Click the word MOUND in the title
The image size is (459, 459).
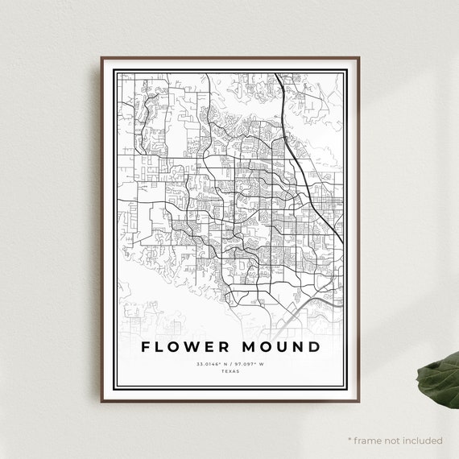pos(279,347)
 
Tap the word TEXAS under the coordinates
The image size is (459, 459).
pos(230,371)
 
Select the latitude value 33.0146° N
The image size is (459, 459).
pos(211,364)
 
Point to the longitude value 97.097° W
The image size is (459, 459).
pos(250,364)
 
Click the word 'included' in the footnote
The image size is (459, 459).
pos(422,440)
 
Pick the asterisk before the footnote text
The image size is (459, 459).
pos(349,440)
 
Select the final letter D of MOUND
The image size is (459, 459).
pos(313,347)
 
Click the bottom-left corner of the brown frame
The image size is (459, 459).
pos(101,400)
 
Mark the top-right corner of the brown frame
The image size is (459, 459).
pos(358,57)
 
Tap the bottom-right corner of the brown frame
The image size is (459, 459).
pos(358,400)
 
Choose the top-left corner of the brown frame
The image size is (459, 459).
pos(101,57)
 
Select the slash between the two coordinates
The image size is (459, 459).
pos(230,364)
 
